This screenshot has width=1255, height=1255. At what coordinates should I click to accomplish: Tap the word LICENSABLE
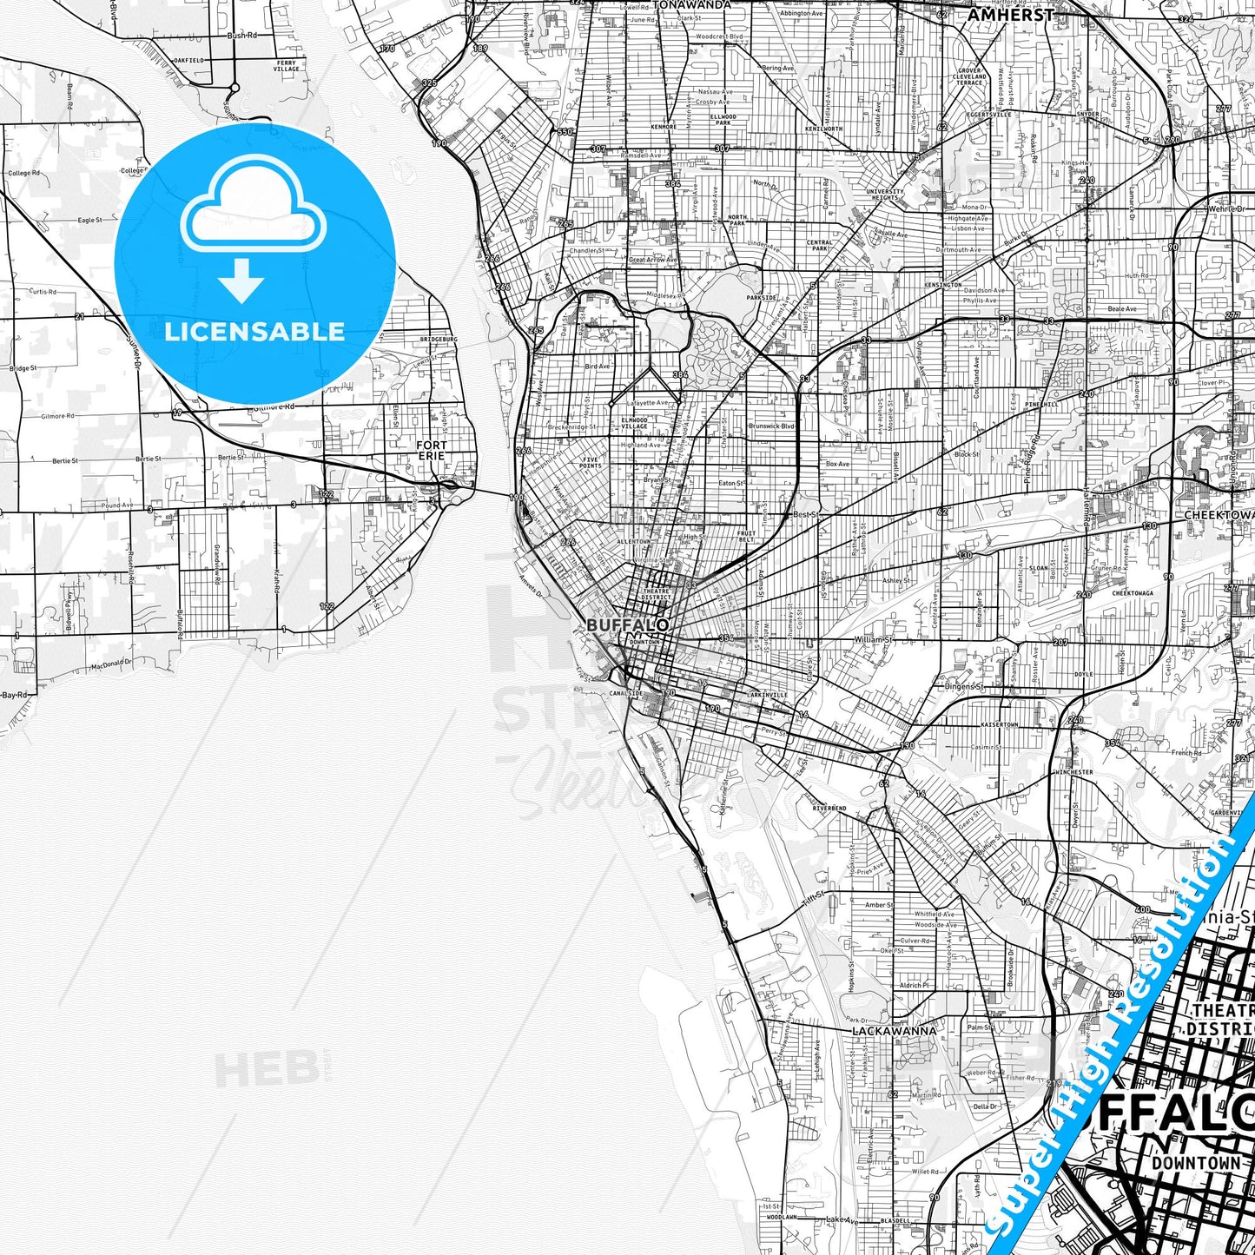254,332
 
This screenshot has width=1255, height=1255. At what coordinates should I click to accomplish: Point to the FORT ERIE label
431,450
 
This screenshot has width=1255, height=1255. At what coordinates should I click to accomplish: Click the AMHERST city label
1010,15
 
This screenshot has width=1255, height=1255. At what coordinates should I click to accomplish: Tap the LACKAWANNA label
894,1030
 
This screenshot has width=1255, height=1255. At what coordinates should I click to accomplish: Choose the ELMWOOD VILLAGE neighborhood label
634,423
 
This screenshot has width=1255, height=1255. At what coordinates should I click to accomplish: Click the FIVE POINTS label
591,463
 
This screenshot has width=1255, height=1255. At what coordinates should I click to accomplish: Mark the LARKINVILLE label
767,695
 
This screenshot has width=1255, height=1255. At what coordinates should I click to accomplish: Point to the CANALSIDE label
624,694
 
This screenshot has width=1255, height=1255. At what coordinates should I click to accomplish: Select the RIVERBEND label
829,808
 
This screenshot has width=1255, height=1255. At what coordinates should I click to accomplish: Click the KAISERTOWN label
999,723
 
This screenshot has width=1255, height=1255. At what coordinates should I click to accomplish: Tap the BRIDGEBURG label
438,339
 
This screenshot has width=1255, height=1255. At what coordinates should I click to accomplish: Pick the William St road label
872,639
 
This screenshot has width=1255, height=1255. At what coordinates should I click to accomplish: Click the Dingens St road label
964,686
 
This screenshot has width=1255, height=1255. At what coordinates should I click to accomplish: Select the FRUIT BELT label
746,536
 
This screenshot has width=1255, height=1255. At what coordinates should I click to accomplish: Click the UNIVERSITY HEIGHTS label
885,195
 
